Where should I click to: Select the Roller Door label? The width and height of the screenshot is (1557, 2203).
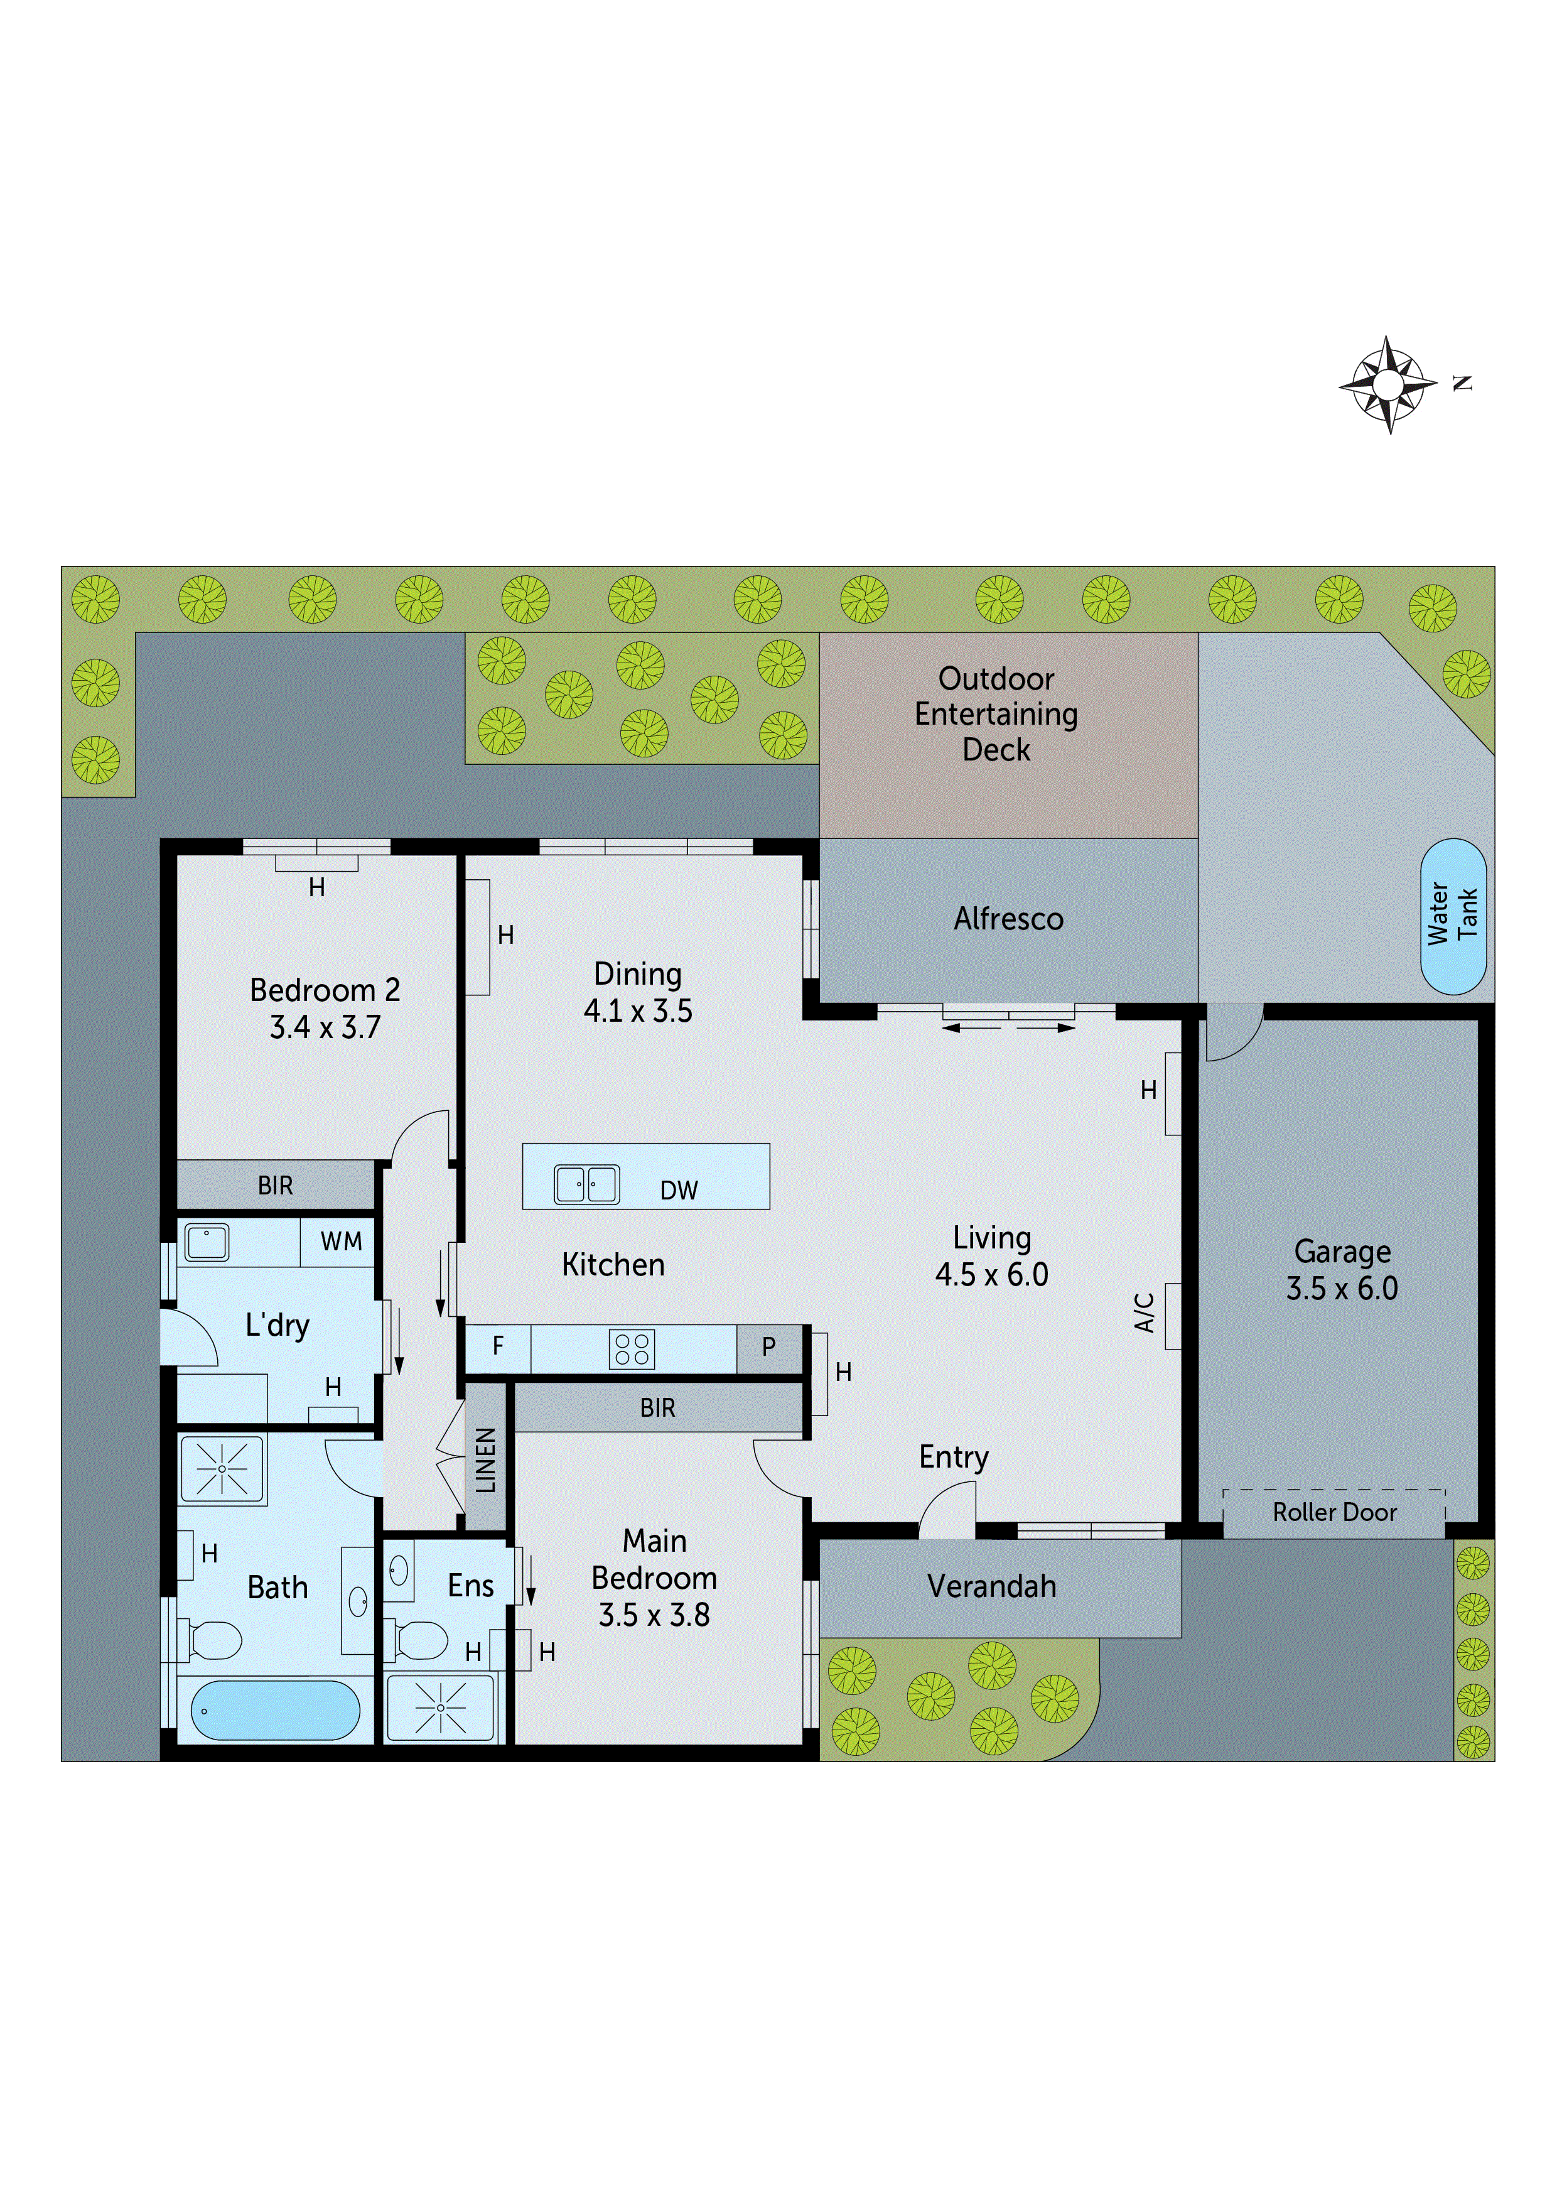[1333, 1512]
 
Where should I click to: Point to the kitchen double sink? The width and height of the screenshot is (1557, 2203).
[586, 1184]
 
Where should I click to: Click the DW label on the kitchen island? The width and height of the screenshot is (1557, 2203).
[678, 1191]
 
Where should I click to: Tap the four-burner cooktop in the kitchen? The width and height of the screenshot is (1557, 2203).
[631, 1349]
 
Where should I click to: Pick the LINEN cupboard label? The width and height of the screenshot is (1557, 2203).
[485, 1459]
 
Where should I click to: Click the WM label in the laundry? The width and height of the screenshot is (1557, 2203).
[340, 1242]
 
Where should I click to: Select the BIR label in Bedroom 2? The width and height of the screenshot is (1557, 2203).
[276, 1186]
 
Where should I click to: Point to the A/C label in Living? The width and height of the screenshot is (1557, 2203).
[1143, 1312]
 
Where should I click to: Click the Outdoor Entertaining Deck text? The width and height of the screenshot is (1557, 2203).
[996, 714]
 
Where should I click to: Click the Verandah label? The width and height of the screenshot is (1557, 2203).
[991, 1586]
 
